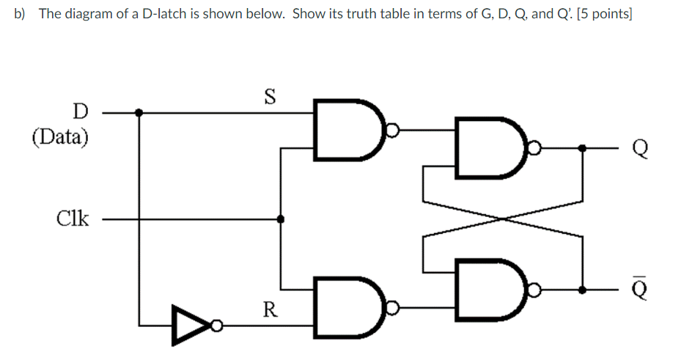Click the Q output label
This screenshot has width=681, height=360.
pos(639,149)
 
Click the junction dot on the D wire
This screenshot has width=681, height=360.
pos(139,113)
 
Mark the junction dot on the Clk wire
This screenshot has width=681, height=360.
pos(280,218)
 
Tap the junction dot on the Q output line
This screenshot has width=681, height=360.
pos(583,149)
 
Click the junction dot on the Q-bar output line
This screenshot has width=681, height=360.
pos(583,290)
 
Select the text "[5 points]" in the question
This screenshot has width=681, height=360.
pos(604,14)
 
